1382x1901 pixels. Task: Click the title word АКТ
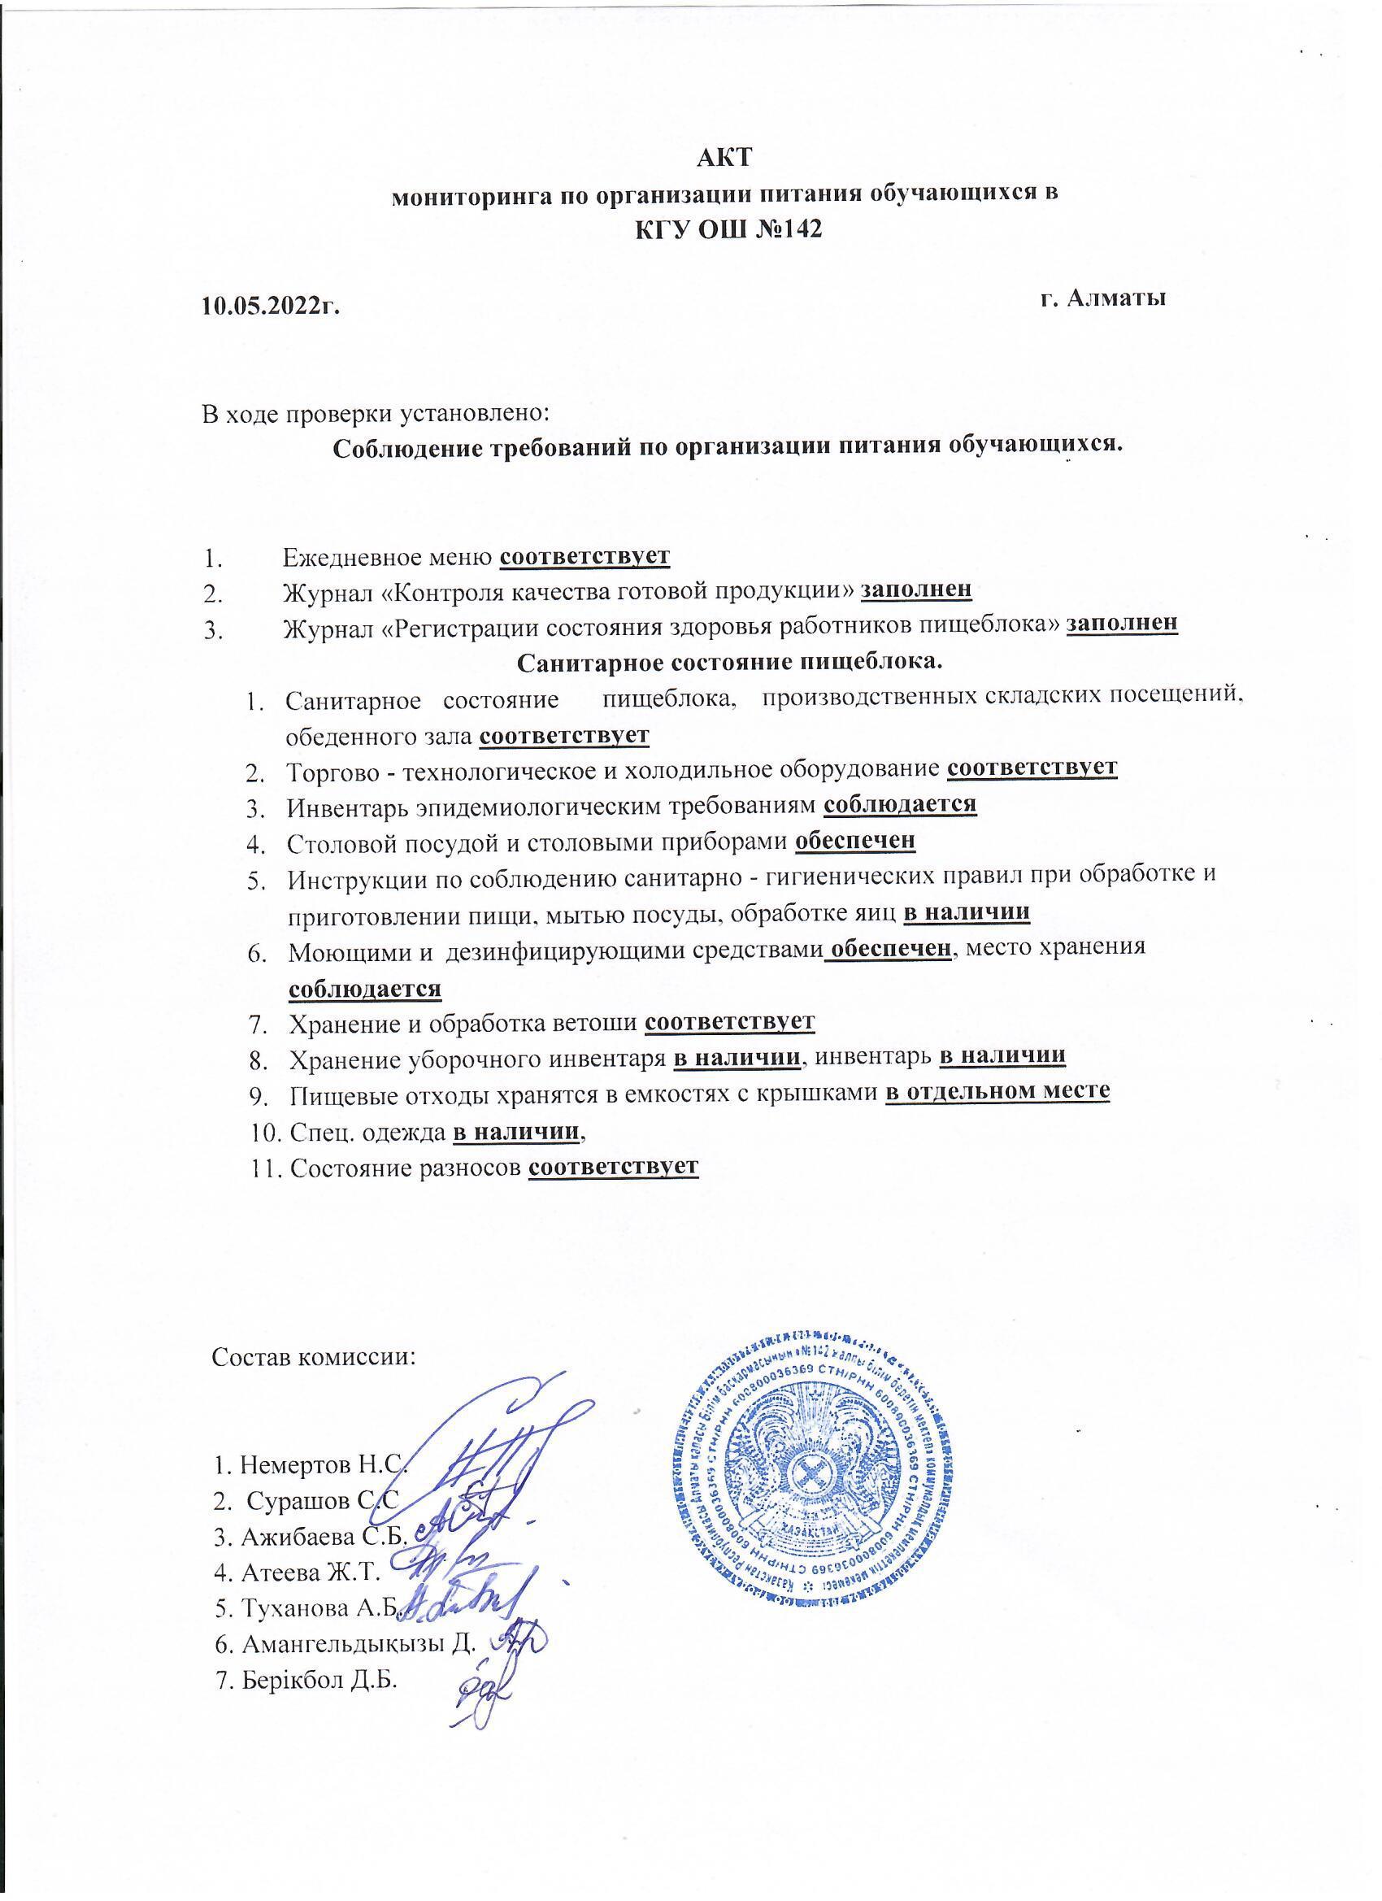726,158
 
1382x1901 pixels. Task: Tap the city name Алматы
1121,297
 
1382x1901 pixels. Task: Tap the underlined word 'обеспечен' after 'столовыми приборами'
855,840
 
